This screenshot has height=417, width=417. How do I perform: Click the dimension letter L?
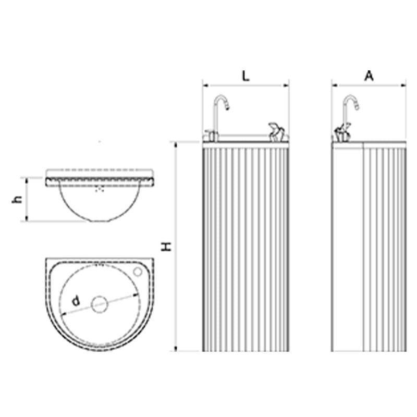coord(246,77)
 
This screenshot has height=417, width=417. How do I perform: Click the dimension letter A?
coord(369,76)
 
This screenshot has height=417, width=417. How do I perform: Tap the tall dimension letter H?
coord(167,247)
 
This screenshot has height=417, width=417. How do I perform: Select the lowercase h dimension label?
coord(18,199)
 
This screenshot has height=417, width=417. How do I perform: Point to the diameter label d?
coord(76,301)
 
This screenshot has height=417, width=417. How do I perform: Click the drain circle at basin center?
coord(99,304)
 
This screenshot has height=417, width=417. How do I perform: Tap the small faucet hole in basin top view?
coord(138,272)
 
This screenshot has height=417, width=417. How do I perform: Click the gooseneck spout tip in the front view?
coord(228,107)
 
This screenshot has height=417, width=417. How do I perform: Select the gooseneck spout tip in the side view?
coord(357,107)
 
